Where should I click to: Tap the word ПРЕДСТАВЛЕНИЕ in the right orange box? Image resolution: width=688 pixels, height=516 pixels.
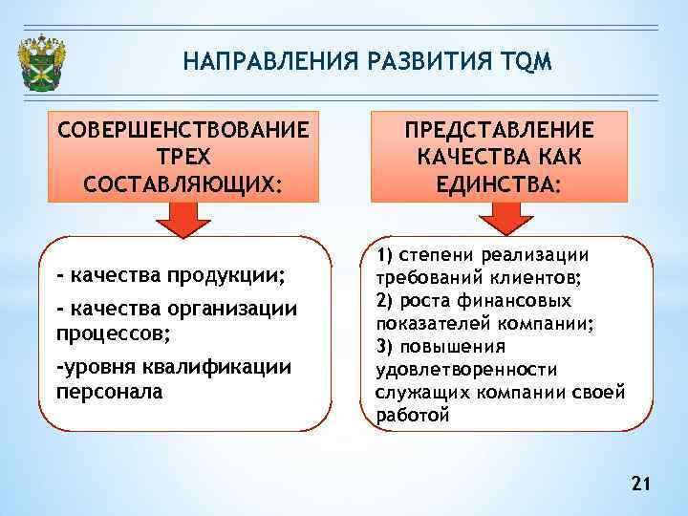[x=498, y=129]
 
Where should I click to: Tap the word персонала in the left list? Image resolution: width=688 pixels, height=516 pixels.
[x=110, y=392]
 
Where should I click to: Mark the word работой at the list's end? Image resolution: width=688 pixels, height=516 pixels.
[x=412, y=416]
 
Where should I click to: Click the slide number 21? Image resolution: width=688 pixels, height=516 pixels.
[x=640, y=486]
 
